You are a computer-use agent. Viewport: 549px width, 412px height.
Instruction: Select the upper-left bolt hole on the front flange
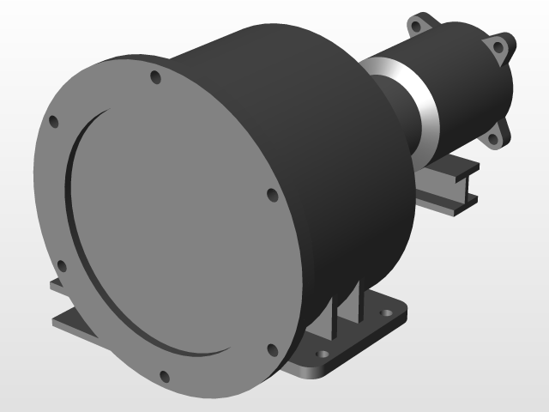[x=53, y=121]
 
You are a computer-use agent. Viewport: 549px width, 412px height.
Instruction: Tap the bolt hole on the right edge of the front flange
[x=272, y=196]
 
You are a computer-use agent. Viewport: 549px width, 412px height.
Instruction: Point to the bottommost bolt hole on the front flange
[x=164, y=375]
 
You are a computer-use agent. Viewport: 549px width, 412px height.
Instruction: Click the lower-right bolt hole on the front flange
[x=272, y=348]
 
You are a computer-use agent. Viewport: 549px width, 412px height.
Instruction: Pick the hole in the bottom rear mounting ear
[x=494, y=137]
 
